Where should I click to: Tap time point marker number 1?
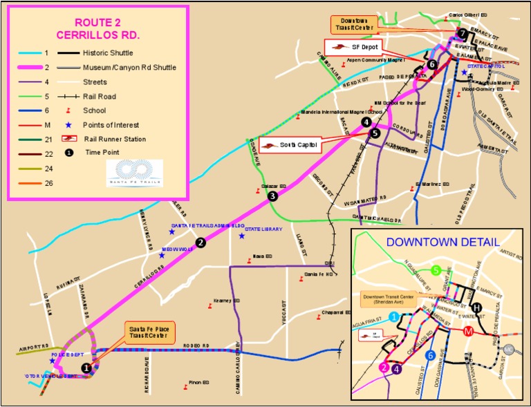[86, 368]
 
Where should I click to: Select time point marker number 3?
[273, 196]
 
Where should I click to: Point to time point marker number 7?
[462, 34]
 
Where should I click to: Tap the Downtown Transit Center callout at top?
[355, 23]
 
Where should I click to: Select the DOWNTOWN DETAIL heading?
[442, 242]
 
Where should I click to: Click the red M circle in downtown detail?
[469, 330]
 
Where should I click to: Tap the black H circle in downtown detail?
[476, 307]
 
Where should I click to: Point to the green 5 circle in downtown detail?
[436, 270]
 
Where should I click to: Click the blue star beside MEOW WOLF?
[162, 255]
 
